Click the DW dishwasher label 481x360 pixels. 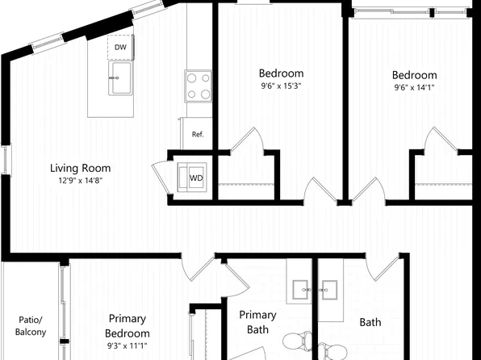coord(119,48)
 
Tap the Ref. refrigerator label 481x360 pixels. coord(197,134)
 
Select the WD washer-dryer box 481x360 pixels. coord(196,178)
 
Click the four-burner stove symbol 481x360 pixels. coord(198,86)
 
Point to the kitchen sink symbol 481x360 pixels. coord(120,78)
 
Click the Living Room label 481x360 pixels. coord(80,169)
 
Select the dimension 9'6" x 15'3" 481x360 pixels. coord(281,86)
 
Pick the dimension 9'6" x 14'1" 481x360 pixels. coord(416,88)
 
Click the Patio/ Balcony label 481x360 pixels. coord(31,325)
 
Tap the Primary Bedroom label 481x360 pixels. coord(128,326)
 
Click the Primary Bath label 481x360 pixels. coord(258,322)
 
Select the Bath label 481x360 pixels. coord(370,323)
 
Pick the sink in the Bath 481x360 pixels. coord(330,288)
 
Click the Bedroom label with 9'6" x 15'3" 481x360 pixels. coord(281,73)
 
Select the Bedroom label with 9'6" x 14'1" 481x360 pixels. coord(415,75)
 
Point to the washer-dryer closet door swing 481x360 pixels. coord(161,176)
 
